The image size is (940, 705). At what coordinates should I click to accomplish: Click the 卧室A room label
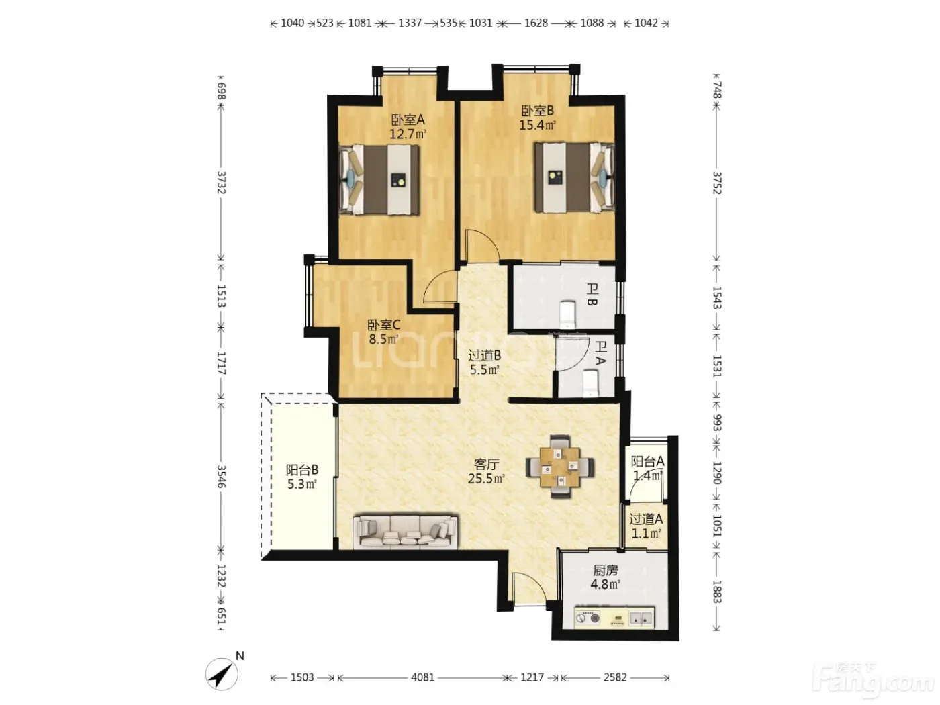[x=408, y=120]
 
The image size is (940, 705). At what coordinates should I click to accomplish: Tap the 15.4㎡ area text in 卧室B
[x=537, y=125]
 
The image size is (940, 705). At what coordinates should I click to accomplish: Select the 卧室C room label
[x=383, y=325]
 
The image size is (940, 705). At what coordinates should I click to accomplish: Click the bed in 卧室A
[x=379, y=179]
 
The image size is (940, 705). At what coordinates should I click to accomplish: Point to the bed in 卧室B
[x=574, y=177]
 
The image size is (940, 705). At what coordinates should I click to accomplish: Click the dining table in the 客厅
[x=560, y=467]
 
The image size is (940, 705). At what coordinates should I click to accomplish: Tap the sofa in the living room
[x=405, y=532]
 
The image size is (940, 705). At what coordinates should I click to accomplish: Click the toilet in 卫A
[x=591, y=383]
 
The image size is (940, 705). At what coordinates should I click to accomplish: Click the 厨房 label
[x=606, y=571]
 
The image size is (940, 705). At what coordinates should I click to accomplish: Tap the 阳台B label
[x=302, y=470]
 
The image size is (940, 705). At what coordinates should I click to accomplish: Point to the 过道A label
[x=646, y=519]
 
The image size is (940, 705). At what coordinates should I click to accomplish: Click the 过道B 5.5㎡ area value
[x=484, y=369]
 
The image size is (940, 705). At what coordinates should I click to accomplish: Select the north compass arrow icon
[x=222, y=674]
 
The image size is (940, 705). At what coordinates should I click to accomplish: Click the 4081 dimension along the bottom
[x=423, y=677]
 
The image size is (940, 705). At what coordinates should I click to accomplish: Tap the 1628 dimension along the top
[x=536, y=23]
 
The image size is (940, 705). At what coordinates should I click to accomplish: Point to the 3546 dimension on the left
[x=221, y=477]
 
